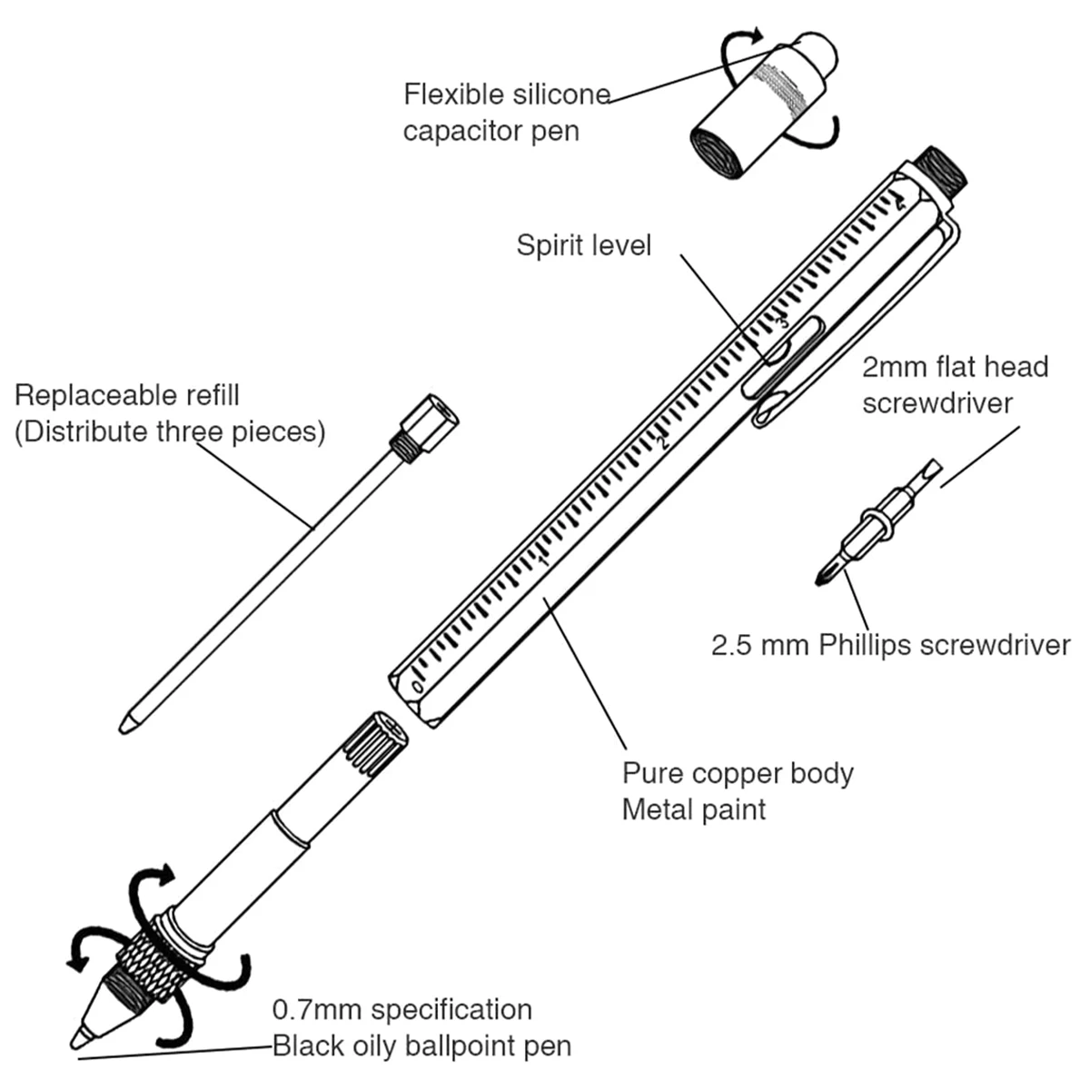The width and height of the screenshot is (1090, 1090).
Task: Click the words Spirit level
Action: [583, 245]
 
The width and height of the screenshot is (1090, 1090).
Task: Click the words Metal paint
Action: [694, 809]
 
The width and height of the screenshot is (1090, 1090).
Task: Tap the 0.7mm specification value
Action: [318, 1010]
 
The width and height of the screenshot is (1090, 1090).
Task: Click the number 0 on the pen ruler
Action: [417, 686]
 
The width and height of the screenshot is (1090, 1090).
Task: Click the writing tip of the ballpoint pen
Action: [77, 1039]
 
